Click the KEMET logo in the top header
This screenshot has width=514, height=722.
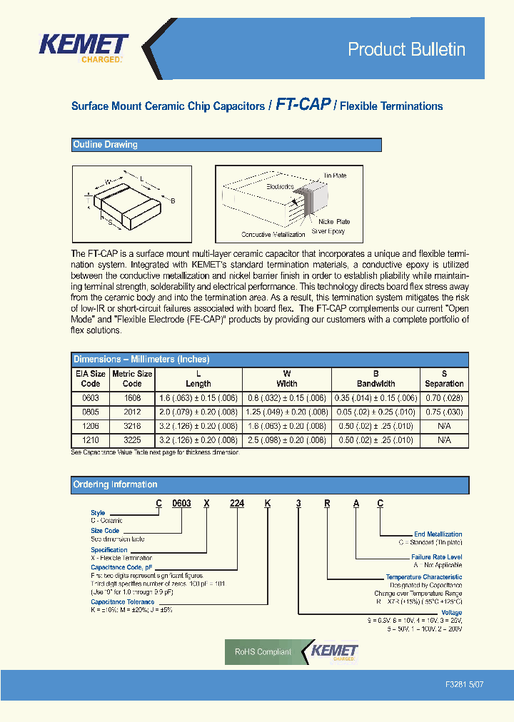(84, 48)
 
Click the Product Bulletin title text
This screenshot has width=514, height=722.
(406, 49)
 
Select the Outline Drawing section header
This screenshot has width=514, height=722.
(106, 145)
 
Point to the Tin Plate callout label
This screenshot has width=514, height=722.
(335, 175)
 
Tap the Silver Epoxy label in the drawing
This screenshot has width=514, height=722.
(328, 231)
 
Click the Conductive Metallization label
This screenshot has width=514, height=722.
(273, 235)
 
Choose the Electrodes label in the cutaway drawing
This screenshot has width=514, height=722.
(280, 187)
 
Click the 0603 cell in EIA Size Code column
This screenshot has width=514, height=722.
(91, 398)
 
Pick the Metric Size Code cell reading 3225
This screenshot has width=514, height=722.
(132, 441)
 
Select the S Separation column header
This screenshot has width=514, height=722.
(444, 378)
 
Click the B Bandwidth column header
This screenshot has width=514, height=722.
(376, 378)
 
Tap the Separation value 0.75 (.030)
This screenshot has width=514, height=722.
(444, 412)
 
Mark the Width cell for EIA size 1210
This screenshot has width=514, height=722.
(287, 441)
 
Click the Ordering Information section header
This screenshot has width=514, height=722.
(116, 485)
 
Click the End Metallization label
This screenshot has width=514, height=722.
(438, 534)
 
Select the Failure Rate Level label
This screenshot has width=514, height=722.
(436, 557)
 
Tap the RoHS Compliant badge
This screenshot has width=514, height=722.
(263, 651)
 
